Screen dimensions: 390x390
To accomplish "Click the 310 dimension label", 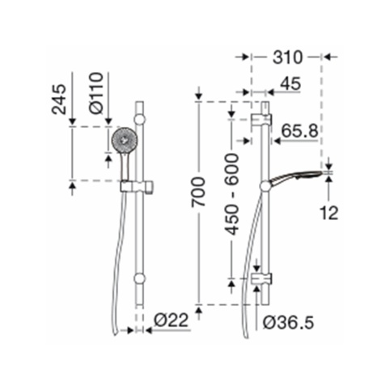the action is coord(287,57).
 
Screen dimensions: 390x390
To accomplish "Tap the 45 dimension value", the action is coord(290,83).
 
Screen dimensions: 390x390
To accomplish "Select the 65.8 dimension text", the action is coord(299,131).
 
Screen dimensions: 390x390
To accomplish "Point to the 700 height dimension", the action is coord(198,192).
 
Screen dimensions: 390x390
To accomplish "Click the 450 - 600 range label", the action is coord(232,194).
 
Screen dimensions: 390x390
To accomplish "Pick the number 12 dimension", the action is coord(329,213).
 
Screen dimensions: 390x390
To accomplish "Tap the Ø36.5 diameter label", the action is coord(288,323).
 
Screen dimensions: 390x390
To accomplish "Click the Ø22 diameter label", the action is coord(171,320).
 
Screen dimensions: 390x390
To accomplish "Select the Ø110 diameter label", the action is coord(96,93).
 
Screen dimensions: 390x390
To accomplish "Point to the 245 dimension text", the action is coord(59,100).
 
